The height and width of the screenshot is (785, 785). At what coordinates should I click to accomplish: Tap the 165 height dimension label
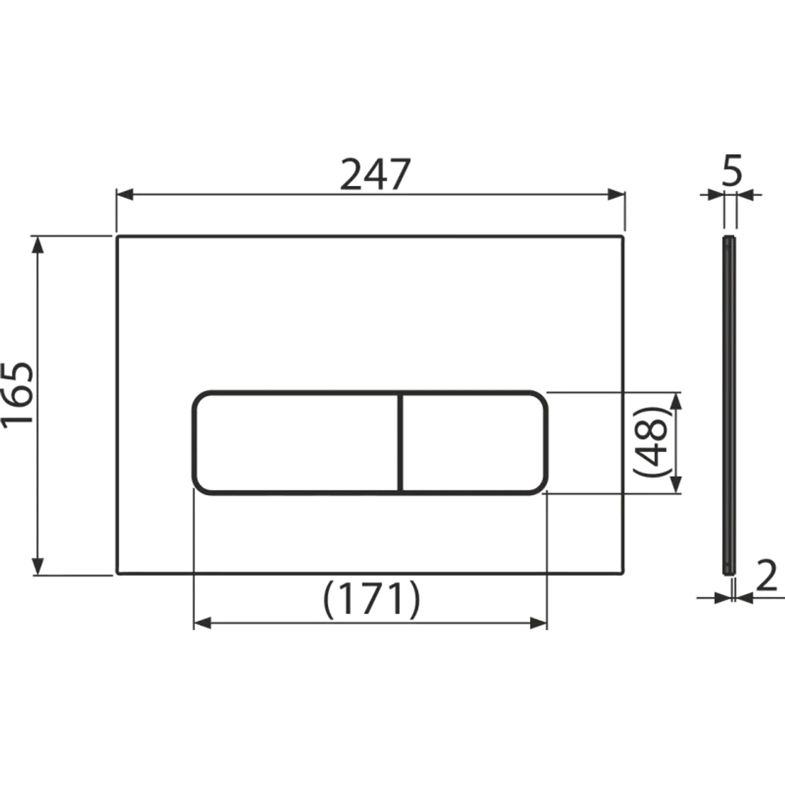[x=17, y=395]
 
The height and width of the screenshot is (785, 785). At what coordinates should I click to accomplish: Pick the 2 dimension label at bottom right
[x=768, y=576]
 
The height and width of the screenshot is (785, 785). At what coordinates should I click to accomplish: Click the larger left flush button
[x=296, y=442]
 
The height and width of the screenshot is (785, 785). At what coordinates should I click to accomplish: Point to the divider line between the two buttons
[x=401, y=442]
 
